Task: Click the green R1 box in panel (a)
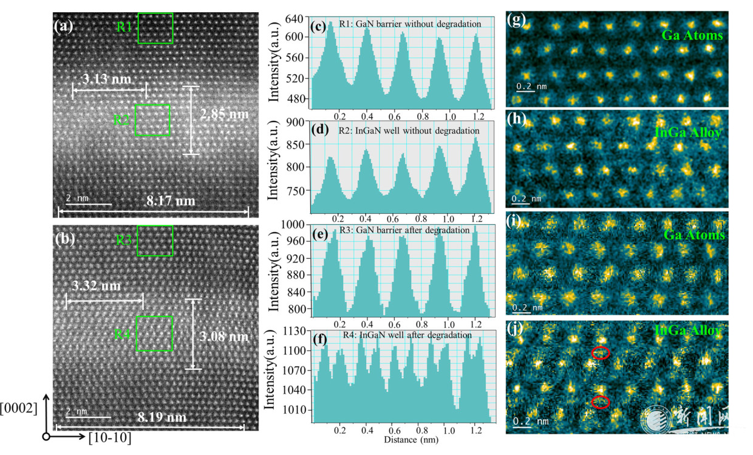(x=155, y=28)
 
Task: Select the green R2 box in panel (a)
(x=152, y=119)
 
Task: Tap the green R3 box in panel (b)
(x=155, y=241)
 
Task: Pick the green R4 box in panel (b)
(x=155, y=333)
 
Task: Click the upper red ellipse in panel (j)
(x=601, y=353)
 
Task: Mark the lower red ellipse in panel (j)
(x=601, y=401)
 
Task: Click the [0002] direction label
(x=19, y=408)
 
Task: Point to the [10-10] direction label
(x=109, y=437)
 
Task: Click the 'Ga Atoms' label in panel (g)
(x=692, y=36)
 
